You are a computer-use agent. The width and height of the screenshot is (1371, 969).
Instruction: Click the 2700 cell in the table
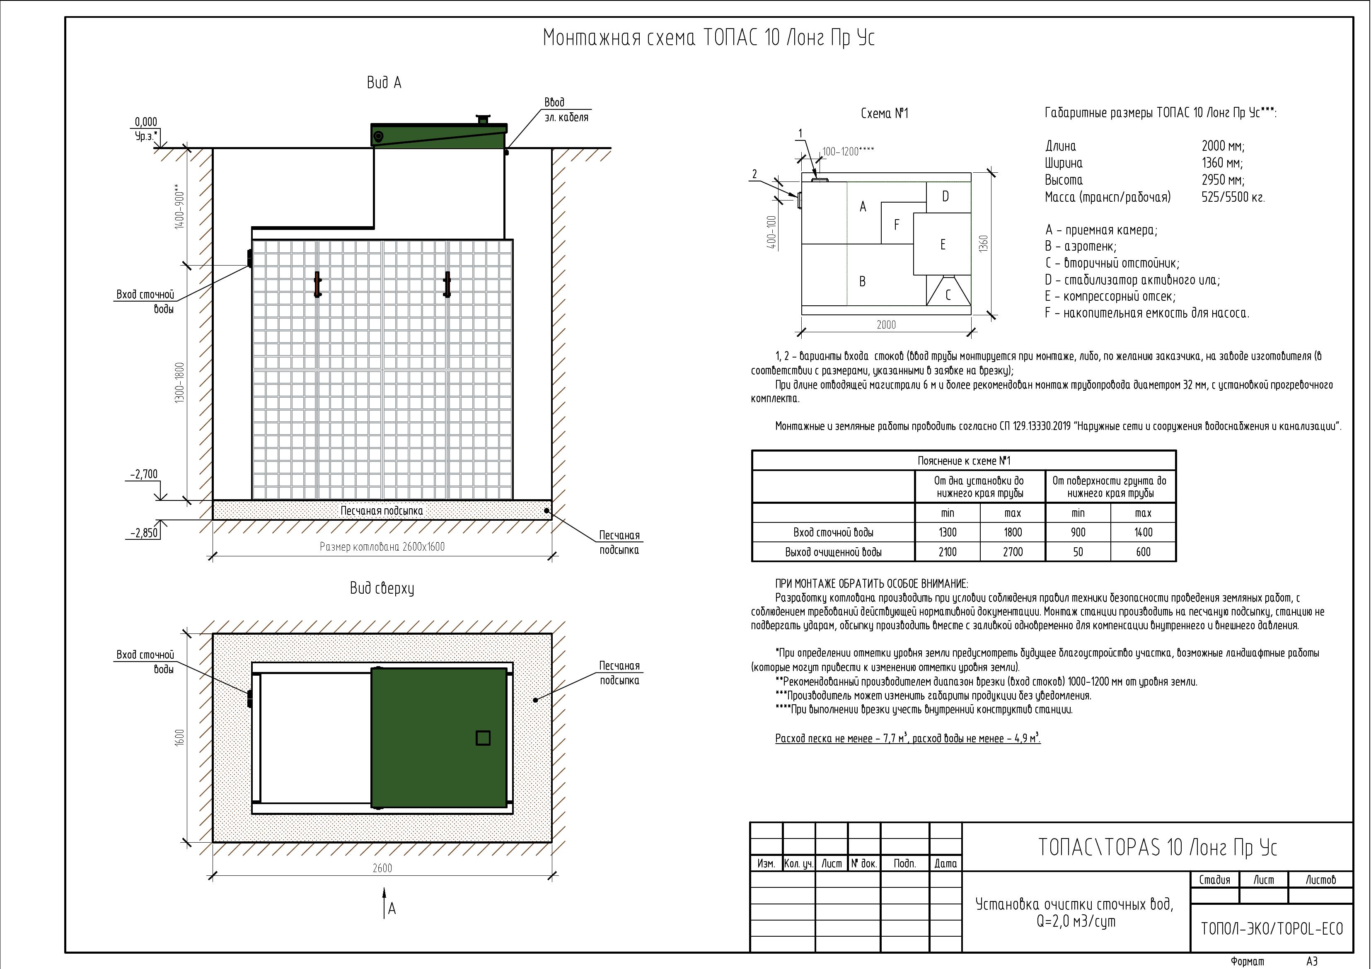click(1013, 552)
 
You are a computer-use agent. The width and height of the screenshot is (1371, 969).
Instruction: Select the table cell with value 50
click(1078, 552)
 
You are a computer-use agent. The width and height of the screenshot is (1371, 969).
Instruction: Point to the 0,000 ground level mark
click(146, 122)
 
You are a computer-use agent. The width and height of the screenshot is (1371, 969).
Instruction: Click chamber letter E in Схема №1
click(943, 244)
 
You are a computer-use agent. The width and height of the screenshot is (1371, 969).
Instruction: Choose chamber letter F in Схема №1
click(896, 225)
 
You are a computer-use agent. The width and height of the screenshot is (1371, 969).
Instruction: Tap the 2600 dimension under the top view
click(382, 868)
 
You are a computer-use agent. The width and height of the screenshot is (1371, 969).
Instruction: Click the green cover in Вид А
click(439, 136)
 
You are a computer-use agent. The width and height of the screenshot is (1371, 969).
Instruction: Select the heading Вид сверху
click(382, 589)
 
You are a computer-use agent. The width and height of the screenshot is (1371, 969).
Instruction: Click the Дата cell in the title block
click(945, 863)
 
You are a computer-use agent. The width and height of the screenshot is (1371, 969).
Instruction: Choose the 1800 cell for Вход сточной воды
click(1013, 532)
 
